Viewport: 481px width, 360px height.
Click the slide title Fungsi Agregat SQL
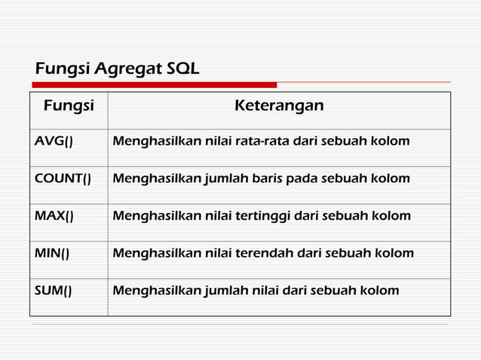tap(117, 70)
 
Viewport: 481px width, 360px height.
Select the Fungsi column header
tap(69, 106)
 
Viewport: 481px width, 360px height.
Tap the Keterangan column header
tap(279, 106)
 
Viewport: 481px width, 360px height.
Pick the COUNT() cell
tap(63, 179)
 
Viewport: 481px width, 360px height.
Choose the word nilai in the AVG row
tap(220, 142)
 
